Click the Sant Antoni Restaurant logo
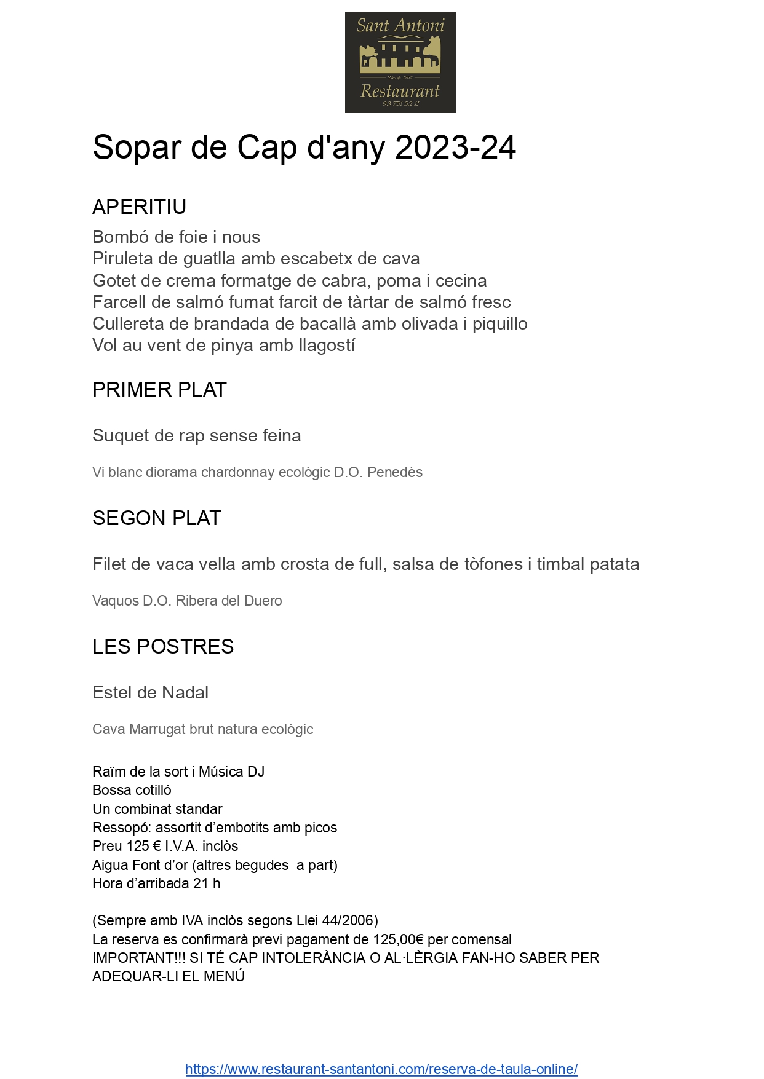pyautogui.click(x=400, y=62)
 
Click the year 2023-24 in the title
pyautogui.click(x=455, y=148)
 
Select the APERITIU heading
pyautogui.click(x=139, y=207)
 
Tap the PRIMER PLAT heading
pyautogui.click(x=159, y=390)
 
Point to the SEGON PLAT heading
pyautogui.click(x=156, y=518)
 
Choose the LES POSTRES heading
pyautogui.click(x=163, y=647)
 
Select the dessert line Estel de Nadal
pyautogui.click(x=150, y=693)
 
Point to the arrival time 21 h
pyautogui.click(x=207, y=884)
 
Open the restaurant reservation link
pyautogui.click(x=381, y=1069)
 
